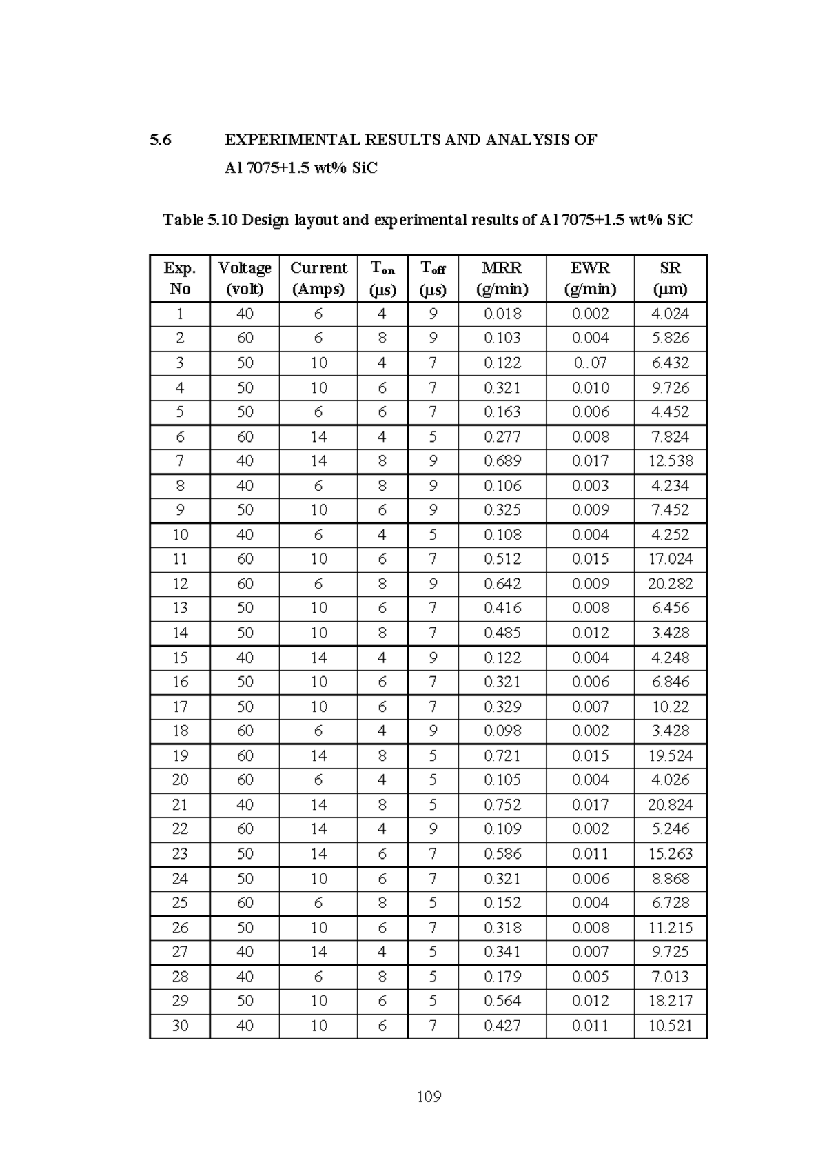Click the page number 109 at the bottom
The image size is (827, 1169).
coord(429,1097)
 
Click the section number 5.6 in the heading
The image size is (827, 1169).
coord(160,140)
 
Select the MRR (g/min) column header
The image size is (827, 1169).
coord(502,278)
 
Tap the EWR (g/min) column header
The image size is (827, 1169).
coord(590,278)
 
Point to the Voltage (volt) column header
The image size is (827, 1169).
coord(245,278)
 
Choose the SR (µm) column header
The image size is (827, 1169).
coord(670,278)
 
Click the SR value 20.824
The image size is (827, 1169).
coord(670,804)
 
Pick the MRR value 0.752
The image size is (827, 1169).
coord(502,804)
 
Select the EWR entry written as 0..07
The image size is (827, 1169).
coord(590,363)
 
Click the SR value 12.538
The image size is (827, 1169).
coord(670,460)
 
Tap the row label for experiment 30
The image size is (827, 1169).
coord(180,1026)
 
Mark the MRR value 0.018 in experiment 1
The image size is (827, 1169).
coord(502,314)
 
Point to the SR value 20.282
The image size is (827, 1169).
coord(670,584)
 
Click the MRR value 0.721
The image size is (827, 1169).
coord(502,755)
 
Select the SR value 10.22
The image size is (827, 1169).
coord(670,707)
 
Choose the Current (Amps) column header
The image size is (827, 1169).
coord(318,278)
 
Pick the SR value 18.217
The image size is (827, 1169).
coord(670,1001)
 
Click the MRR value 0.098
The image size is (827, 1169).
coord(502,731)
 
